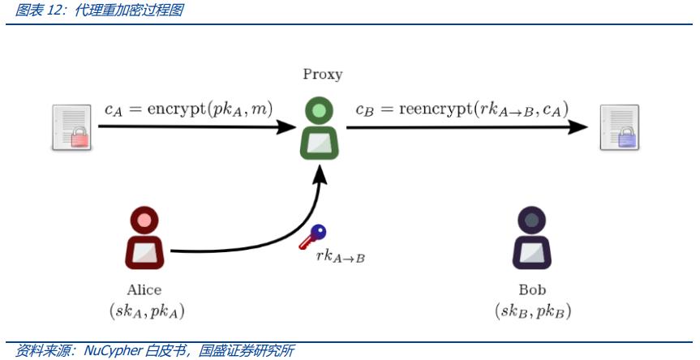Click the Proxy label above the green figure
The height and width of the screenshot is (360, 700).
323,75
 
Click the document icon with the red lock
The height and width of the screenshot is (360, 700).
71,127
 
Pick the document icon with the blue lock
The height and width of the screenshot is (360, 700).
619,127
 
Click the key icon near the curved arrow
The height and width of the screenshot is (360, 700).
311,236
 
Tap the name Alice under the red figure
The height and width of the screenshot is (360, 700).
144,289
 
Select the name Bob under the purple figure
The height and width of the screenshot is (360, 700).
532,289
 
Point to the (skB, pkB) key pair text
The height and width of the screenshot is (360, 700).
533,310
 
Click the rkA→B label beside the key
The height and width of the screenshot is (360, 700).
341,257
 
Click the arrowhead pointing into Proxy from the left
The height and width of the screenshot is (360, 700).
286,126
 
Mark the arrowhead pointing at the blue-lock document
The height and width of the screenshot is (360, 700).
578,126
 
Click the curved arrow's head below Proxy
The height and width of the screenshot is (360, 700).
323,172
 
